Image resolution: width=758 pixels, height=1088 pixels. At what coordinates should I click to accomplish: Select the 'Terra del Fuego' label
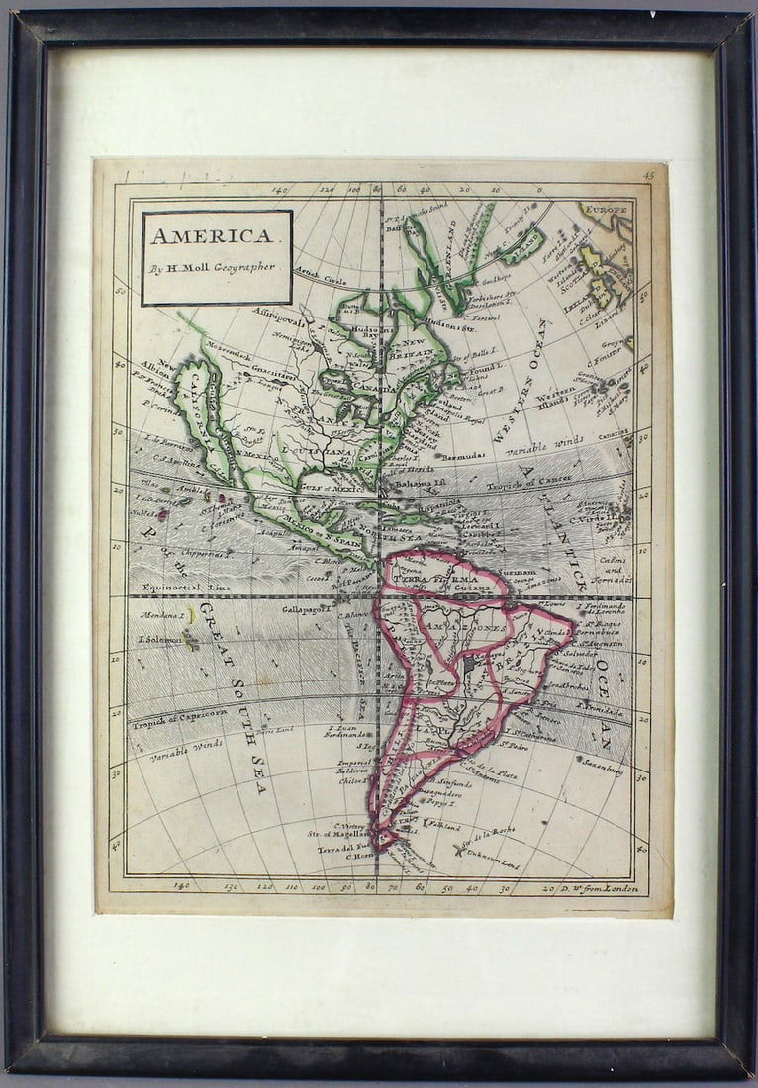click(x=341, y=847)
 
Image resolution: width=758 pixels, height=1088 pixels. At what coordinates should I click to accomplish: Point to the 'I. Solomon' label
click(x=159, y=639)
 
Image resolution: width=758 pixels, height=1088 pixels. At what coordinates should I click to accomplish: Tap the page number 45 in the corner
click(x=648, y=176)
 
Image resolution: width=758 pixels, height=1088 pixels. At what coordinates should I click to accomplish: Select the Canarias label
click(x=613, y=431)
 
